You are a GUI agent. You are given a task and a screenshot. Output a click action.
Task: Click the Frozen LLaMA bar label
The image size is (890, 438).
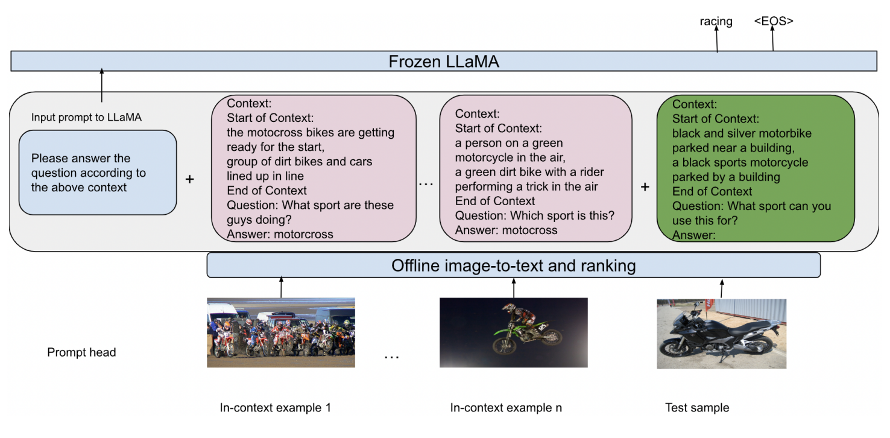tap(444, 62)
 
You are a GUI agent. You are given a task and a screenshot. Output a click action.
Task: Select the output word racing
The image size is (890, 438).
tap(716, 22)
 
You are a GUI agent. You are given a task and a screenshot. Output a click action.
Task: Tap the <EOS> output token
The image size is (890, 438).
tap(773, 21)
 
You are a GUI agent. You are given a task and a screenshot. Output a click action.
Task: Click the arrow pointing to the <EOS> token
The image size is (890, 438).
tap(772, 41)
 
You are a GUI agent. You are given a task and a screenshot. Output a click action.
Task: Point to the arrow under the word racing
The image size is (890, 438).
tap(716, 41)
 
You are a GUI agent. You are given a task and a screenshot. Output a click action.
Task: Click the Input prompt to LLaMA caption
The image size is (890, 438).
tap(86, 118)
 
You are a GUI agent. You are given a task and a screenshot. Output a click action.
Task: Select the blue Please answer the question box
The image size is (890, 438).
tap(98, 173)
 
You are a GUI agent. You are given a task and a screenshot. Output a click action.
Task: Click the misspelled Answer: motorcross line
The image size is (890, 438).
tap(280, 234)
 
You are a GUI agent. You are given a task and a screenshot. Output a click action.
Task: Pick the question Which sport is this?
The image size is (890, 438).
tap(534, 215)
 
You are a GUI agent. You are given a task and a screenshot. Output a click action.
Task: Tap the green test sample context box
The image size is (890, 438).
tap(755, 169)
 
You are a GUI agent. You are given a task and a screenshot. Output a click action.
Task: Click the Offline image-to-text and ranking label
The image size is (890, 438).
tap(513, 265)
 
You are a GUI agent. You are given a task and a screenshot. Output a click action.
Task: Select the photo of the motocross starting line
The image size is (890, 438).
tap(280, 332)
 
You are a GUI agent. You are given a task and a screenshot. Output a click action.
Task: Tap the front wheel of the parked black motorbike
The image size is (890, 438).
tap(674, 350)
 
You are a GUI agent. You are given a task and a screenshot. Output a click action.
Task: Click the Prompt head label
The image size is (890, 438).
tap(81, 352)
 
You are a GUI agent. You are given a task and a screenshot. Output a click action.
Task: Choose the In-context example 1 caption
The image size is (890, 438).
tap(275, 408)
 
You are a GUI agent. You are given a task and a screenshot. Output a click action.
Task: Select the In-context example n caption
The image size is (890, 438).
tap(506, 408)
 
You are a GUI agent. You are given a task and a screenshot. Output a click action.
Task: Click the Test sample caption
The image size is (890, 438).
tap(696, 408)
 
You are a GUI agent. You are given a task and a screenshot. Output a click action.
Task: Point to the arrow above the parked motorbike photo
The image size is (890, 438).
tap(722, 288)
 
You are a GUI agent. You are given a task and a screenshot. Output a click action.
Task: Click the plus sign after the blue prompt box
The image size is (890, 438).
tap(189, 179)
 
